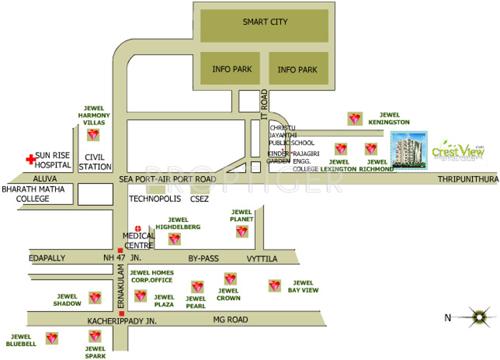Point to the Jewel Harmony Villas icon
tap(93, 134)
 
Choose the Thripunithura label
tap(467, 180)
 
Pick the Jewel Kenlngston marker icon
tap(356, 118)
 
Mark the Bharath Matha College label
tap(39, 191)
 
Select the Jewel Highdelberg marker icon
tap(175, 238)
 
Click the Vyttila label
tap(262, 257)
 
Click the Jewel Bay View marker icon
tap(274, 286)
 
